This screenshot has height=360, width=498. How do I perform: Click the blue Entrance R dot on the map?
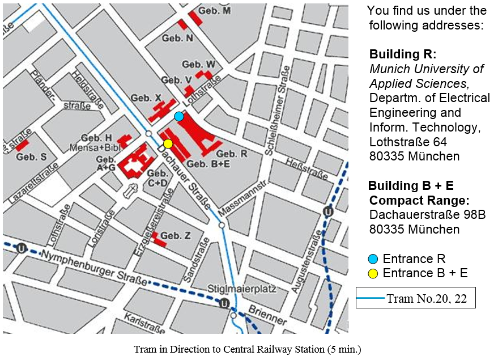tap(179, 116)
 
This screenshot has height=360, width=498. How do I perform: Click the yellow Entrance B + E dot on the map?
tap(168, 143)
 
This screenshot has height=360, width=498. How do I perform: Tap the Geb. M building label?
tap(219, 11)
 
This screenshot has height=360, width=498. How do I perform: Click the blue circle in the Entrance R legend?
tap(373, 259)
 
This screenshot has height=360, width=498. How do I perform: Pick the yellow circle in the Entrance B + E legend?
tap(373, 273)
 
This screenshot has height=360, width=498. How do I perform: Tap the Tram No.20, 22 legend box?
tap(415, 298)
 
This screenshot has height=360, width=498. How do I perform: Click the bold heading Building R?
tap(403, 55)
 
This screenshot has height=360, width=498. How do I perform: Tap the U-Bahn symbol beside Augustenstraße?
tap(327, 211)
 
